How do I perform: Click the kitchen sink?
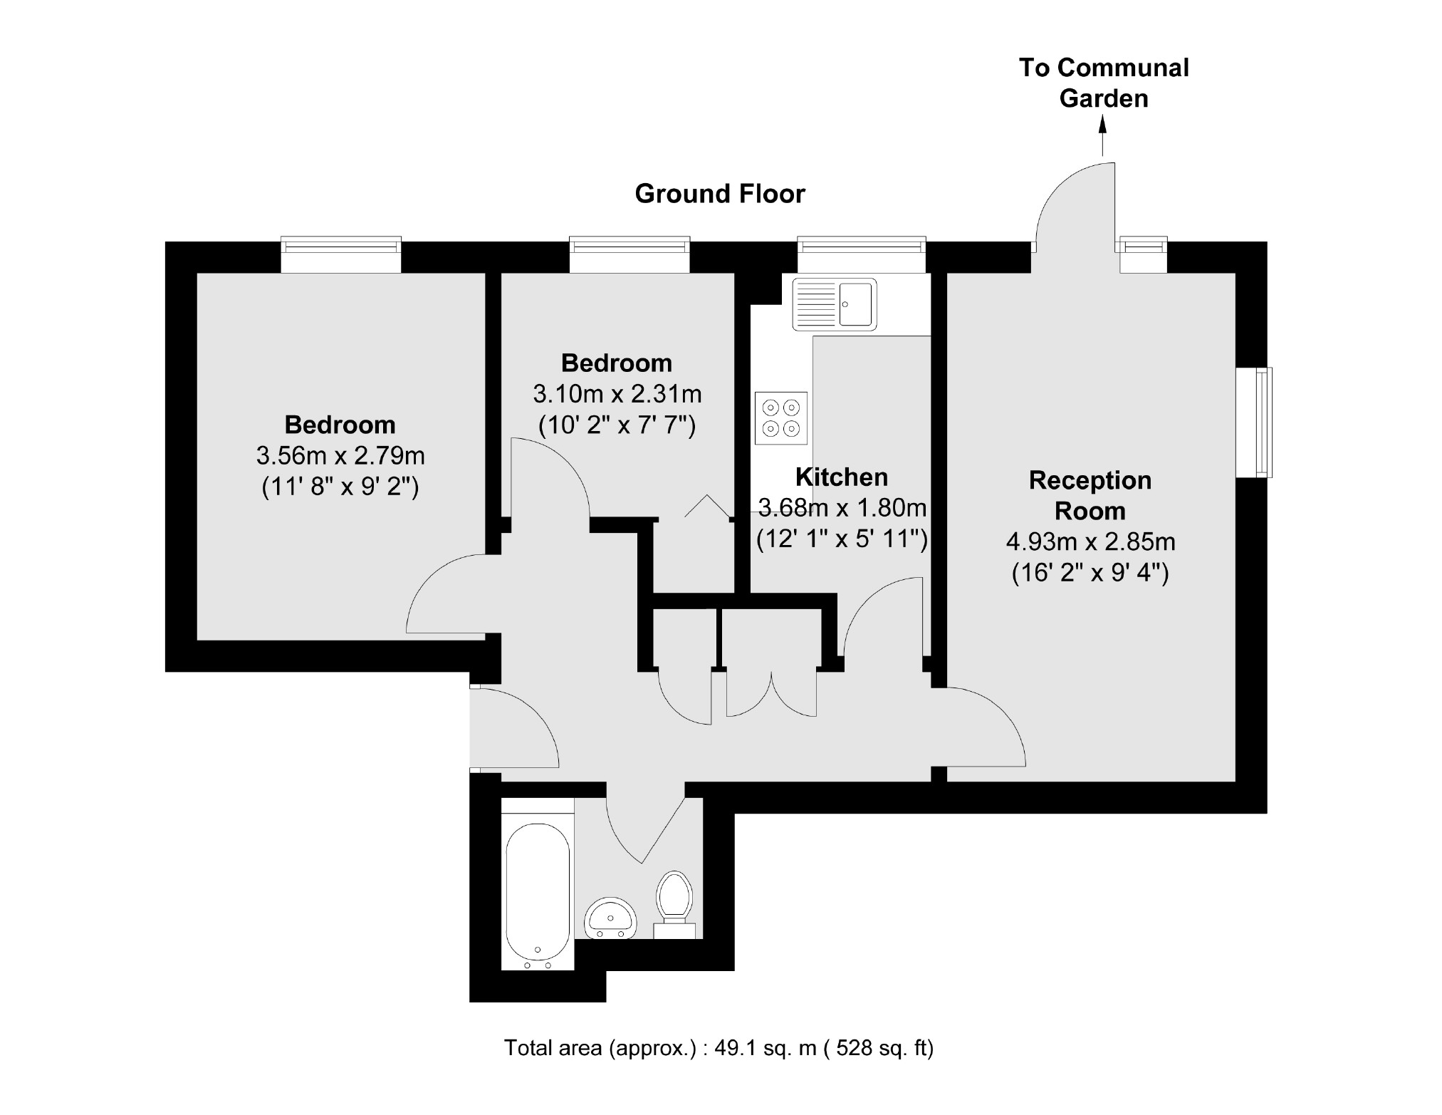point(834,304)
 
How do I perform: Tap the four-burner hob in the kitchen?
point(780,418)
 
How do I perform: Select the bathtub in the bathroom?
point(538,894)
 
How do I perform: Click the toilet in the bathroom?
point(674,901)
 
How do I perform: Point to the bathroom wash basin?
point(610,920)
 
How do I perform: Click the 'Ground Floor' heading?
point(719,194)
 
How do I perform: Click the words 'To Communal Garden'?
point(1104,83)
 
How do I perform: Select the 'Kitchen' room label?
point(841,477)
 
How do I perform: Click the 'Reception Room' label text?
point(1090,495)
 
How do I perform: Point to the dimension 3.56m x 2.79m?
point(340,455)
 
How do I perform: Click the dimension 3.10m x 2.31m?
point(617,394)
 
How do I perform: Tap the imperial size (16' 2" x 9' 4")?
point(1090,574)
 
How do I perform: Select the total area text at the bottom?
point(719,1048)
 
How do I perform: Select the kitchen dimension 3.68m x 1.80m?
point(842,508)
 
